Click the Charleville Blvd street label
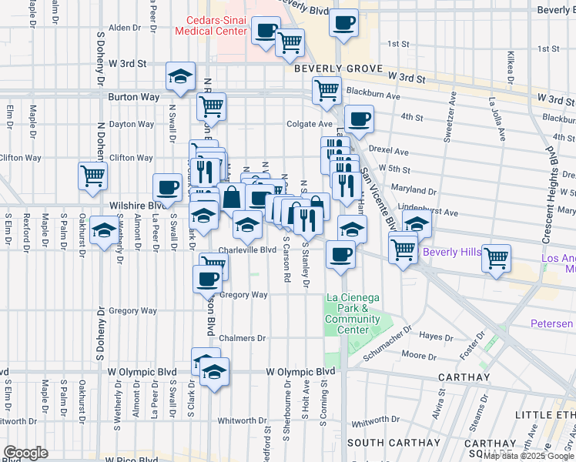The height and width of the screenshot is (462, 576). (x=247, y=250)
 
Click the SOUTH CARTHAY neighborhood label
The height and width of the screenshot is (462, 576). (x=383, y=443)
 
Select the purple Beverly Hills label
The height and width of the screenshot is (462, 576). (x=452, y=253)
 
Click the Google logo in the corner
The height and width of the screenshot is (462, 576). (x=25, y=453)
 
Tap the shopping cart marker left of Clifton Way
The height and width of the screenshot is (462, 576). (x=92, y=175)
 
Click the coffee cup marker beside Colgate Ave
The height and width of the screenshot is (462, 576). (x=359, y=119)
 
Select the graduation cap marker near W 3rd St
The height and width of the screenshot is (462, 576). (x=180, y=75)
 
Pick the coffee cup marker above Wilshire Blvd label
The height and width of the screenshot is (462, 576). (x=168, y=187)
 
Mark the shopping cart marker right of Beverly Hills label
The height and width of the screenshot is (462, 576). (x=497, y=258)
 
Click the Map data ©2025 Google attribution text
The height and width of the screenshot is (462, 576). (x=528, y=455)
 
